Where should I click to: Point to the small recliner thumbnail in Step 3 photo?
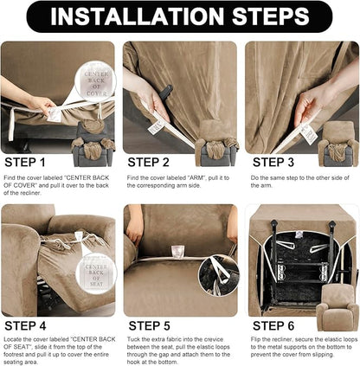click(339, 140)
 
